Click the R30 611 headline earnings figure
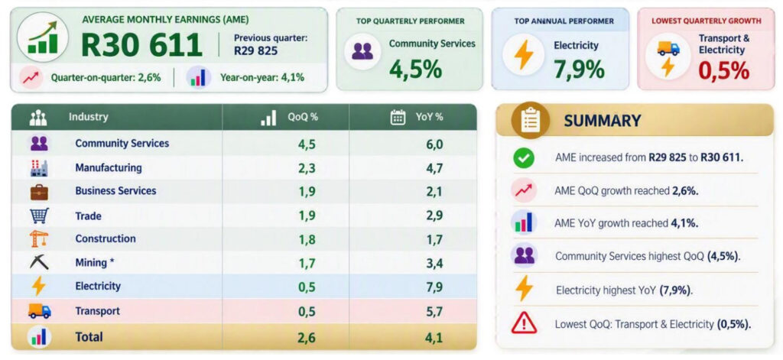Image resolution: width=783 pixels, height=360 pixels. click(x=141, y=45)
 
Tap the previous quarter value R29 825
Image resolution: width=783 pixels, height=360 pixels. click(x=256, y=51)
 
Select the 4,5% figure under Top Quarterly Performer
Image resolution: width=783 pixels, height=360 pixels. click(x=415, y=70)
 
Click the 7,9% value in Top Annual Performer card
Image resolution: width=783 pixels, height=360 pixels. click(x=579, y=70)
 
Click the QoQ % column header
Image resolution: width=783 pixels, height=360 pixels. click(x=303, y=118)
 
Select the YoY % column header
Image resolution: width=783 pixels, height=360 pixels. click(x=429, y=118)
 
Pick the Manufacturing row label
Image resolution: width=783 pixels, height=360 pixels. click(x=109, y=167)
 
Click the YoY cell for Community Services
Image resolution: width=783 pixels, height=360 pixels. click(x=435, y=144)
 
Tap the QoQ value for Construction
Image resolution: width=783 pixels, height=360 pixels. click(x=307, y=240)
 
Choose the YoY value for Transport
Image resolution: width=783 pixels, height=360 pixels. click(x=435, y=312)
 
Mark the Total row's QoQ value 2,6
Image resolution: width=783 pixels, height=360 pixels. click(x=307, y=338)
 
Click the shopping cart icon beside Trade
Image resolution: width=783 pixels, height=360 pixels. click(x=39, y=216)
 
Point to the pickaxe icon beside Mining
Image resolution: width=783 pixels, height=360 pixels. click(x=39, y=262)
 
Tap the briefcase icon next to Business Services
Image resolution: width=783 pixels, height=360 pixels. click(x=39, y=192)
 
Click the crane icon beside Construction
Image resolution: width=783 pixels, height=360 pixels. click(x=39, y=238)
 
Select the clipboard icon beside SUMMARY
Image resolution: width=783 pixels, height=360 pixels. click(x=531, y=120)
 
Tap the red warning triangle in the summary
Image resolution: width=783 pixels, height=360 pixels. click(x=524, y=323)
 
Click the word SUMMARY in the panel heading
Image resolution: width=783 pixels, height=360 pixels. click(x=603, y=121)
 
